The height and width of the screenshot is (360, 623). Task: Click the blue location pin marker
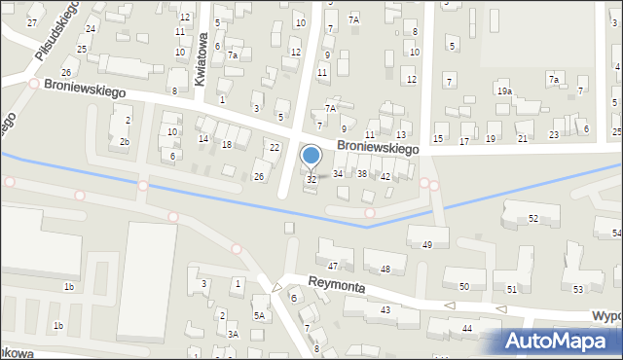pos(311,156)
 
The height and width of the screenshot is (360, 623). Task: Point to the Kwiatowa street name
pos(202,60)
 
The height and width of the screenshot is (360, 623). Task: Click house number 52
pos(532,219)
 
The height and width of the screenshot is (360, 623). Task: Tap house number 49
pos(427,244)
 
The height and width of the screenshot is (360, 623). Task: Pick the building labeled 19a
pos(504,90)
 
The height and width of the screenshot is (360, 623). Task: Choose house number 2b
pos(124,142)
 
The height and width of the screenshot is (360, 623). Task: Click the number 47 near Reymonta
pos(333,266)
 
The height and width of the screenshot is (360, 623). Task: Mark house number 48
pos(385,269)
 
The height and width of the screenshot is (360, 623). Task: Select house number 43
pos(385,309)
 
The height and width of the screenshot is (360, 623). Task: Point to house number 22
pos(275,147)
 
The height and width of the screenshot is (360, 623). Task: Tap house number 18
pos(226,144)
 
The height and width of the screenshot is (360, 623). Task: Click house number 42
pos(385,176)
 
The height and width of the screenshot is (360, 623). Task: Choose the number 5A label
pos(260,315)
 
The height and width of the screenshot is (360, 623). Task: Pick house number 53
pos(577,290)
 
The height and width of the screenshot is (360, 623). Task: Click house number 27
pos(32,22)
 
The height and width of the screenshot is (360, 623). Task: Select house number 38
pos(361,173)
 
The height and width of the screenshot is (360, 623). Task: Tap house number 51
pos(512,290)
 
